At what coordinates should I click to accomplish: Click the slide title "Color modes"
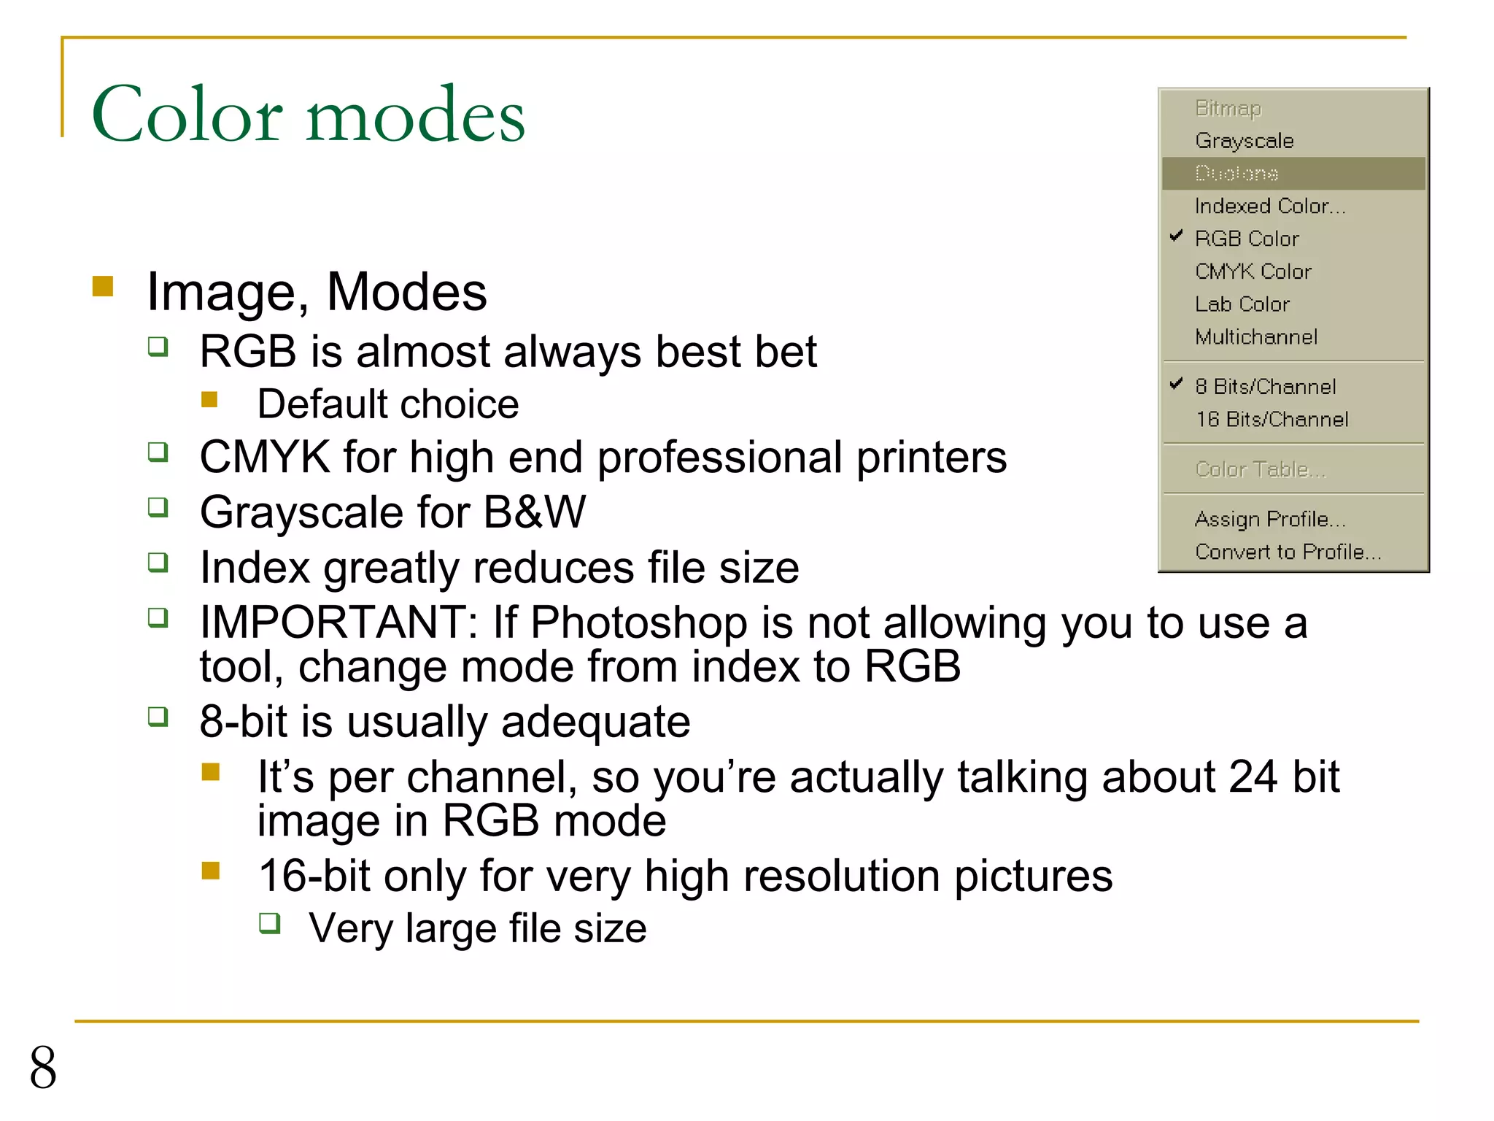(308, 115)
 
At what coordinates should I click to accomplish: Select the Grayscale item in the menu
(1244, 141)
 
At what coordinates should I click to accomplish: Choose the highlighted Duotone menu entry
(1236, 174)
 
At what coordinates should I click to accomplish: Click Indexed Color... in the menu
(1269, 207)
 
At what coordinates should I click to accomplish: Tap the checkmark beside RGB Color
(1176, 236)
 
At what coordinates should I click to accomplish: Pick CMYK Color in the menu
(1253, 271)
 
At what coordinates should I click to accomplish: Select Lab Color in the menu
(1242, 304)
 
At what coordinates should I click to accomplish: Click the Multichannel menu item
(1255, 337)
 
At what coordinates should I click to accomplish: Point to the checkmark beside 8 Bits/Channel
(1176, 384)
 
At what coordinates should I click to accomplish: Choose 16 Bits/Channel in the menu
(1272, 420)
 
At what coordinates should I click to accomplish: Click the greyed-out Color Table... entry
(1260, 469)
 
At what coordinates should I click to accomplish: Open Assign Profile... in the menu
(1269, 519)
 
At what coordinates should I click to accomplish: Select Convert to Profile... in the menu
(1288, 552)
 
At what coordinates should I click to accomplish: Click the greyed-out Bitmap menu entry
(1228, 108)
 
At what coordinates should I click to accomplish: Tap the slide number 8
(43, 1068)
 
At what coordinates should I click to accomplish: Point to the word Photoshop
(638, 623)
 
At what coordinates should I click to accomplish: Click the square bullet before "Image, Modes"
(103, 286)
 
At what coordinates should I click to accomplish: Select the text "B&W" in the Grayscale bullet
(535, 512)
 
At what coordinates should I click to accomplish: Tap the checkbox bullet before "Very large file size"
(270, 923)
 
